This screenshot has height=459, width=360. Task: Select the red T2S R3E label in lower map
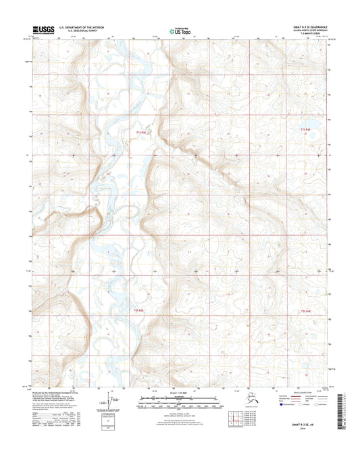[138, 310]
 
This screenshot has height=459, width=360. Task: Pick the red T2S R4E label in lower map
[305, 310]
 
